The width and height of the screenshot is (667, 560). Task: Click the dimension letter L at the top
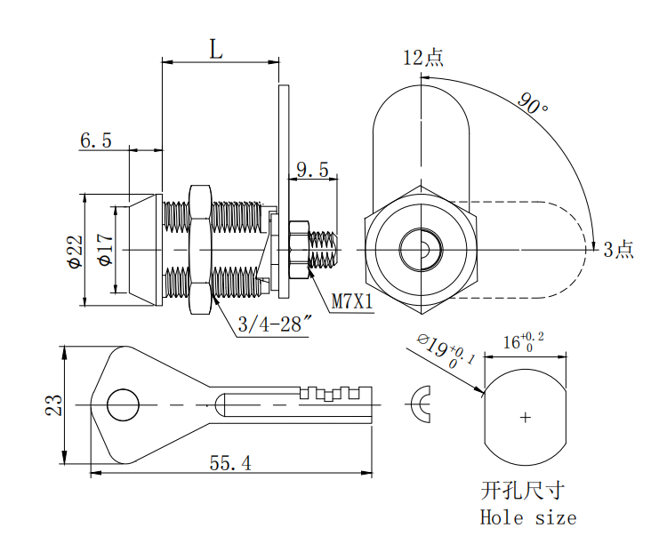215,49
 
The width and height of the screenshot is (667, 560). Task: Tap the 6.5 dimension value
96,140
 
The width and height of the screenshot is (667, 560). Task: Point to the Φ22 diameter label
73,252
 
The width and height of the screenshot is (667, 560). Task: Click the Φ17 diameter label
104,250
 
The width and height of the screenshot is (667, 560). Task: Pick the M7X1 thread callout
352,302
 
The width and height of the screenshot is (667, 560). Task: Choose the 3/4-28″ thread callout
273,325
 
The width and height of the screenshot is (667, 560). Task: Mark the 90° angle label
532,105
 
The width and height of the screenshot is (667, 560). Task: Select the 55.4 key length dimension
230,463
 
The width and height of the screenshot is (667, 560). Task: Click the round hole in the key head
124,405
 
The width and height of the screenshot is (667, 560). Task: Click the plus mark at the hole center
526,416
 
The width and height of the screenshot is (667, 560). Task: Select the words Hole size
528,517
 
